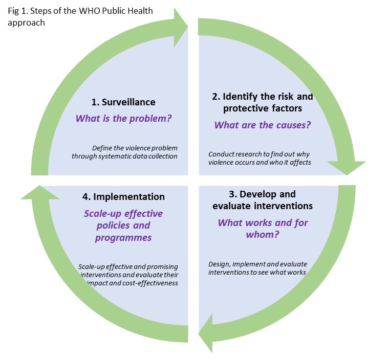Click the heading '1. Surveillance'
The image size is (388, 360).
(x=122, y=102)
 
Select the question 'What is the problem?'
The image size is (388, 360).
(x=123, y=118)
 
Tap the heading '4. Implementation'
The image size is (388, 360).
(x=123, y=196)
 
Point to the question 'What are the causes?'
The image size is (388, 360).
(x=262, y=125)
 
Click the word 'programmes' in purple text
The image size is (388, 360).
(x=123, y=238)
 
